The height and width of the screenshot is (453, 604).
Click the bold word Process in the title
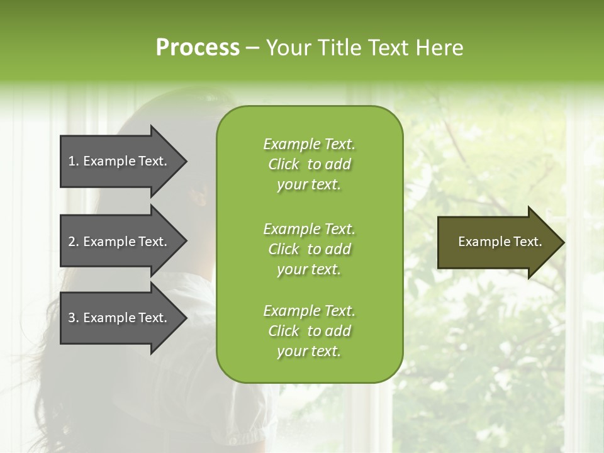[x=198, y=48]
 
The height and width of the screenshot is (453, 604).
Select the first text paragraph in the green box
[x=309, y=164]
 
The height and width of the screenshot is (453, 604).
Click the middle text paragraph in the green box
[x=309, y=249]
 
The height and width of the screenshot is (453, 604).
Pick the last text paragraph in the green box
[x=309, y=331]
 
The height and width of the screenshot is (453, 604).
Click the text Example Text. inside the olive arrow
[x=500, y=242]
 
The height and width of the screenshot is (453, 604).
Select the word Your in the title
[x=287, y=48]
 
